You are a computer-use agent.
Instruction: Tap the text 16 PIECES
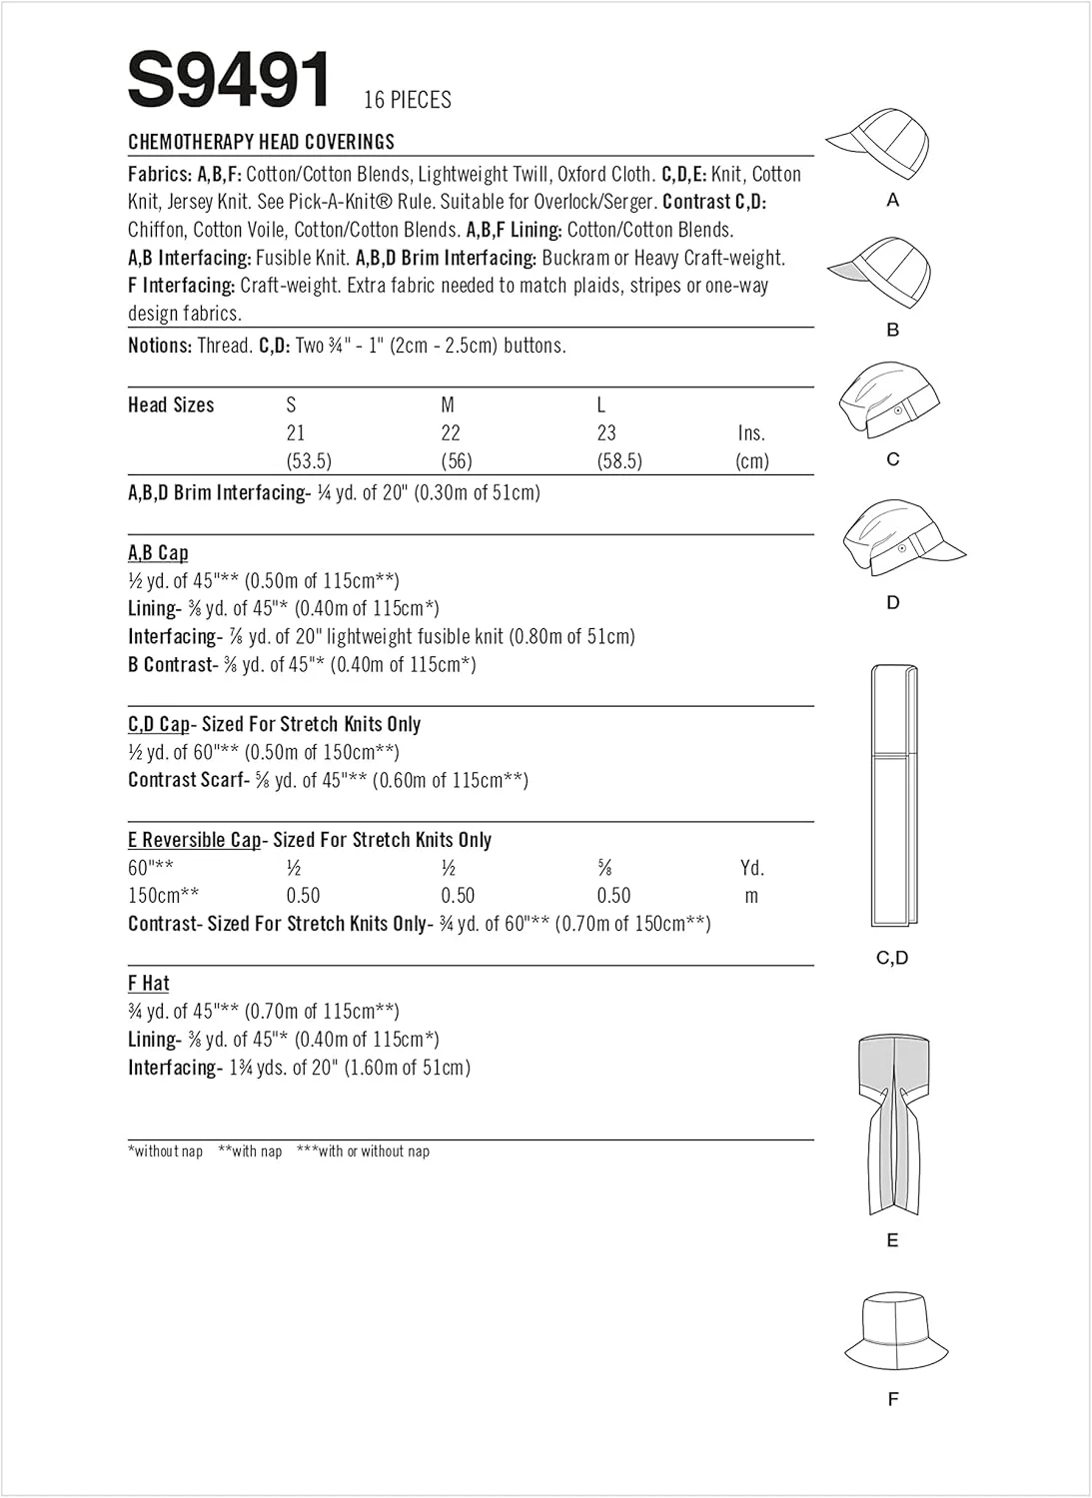[408, 100]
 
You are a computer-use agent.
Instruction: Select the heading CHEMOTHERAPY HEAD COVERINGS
[262, 142]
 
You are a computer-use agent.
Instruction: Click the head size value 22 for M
[451, 432]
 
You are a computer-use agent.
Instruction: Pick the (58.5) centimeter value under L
[619, 460]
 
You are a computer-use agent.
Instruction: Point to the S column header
[291, 404]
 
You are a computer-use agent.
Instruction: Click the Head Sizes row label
[171, 404]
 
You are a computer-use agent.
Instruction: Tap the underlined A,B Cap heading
[158, 552]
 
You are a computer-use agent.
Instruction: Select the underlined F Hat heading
[149, 983]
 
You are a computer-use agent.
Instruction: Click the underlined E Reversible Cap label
[195, 840]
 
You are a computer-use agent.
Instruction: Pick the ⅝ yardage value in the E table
[604, 868]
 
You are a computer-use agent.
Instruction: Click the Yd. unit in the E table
[752, 868]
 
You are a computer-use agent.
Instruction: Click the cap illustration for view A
[879, 144]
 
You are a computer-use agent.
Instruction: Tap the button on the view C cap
[898, 410]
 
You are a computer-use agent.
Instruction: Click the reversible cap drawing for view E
[892, 1123]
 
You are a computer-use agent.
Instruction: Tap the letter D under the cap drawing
[893, 602]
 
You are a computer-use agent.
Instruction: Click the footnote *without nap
[165, 1151]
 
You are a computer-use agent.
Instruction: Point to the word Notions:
[160, 346]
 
